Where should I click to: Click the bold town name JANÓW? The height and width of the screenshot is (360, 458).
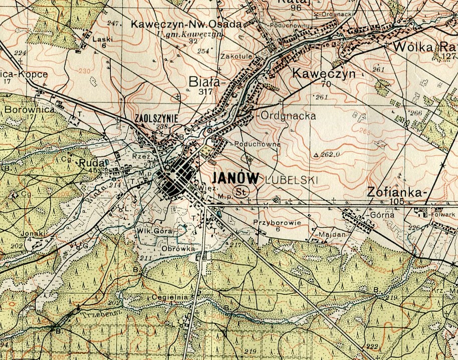[236, 179]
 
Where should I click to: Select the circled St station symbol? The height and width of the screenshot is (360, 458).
[240, 192]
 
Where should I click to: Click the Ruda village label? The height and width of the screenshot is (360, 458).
[89, 163]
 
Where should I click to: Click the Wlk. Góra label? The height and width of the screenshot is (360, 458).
[154, 231]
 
